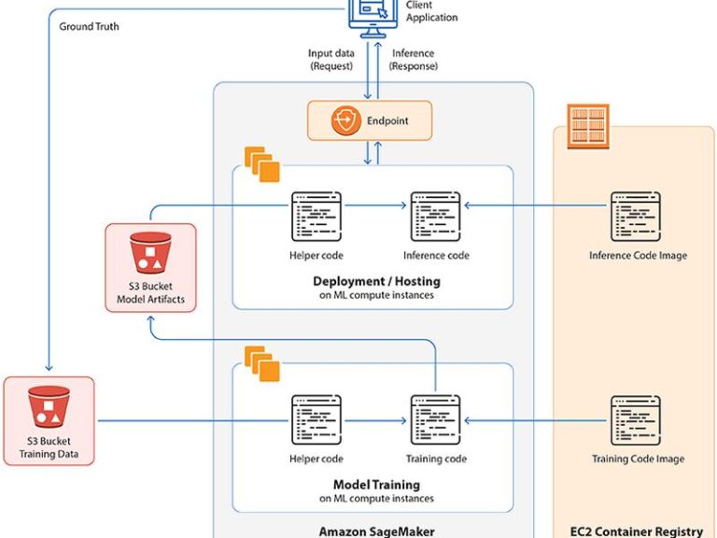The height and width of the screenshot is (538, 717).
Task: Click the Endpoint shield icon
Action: click(346, 120)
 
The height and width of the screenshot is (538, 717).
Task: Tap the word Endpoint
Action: click(387, 120)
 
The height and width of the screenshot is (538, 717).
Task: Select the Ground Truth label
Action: click(90, 26)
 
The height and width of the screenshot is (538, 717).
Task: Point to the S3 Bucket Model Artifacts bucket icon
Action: click(150, 253)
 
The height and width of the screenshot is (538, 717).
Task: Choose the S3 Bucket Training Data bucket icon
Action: click(49, 406)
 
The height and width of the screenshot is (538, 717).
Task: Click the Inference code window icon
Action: click(435, 217)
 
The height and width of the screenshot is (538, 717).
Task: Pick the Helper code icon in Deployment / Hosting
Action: click(316, 217)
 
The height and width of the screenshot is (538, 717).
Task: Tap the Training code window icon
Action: click(435, 420)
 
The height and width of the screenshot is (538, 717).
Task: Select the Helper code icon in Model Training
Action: click(316, 420)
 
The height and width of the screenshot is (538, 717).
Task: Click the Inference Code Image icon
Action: click(636, 217)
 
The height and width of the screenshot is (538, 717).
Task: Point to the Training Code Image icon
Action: click(636, 420)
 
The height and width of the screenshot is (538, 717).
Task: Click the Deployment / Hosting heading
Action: click(377, 281)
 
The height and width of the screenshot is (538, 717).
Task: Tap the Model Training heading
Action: click(377, 485)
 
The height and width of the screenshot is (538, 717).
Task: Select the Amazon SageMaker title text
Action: click(377, 531)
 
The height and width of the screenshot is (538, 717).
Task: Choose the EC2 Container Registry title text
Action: click(637, 531)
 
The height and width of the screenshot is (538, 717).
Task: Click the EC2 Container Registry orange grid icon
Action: click(588, 126)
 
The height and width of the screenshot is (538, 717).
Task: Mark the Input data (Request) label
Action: click(331, 60)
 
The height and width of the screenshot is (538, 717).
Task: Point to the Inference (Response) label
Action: click(414, 60)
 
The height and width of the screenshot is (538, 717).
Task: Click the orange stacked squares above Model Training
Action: click(262, 363)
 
